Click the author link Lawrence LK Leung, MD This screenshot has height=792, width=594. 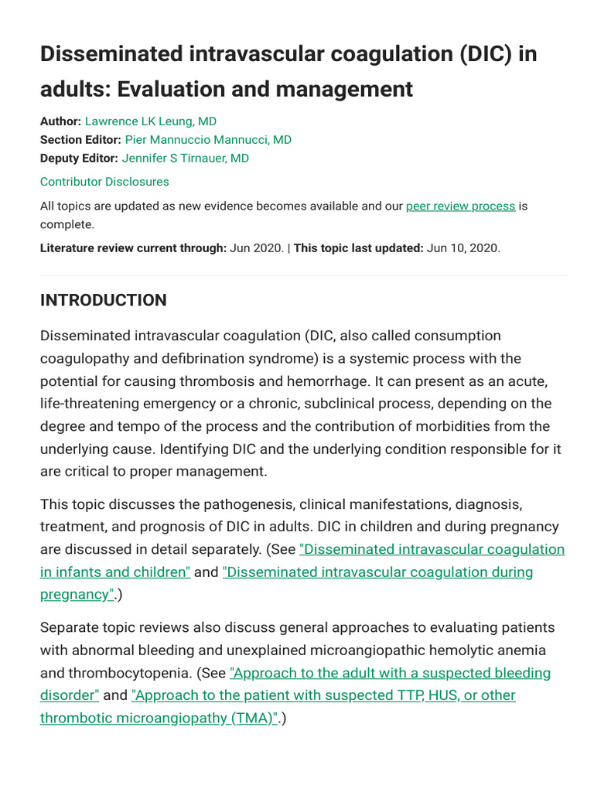pos(150,121)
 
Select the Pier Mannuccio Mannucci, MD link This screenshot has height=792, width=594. pos(208,140)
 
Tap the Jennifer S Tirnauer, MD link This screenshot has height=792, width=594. pos(186,159)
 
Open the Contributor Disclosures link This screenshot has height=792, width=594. pos(104,182)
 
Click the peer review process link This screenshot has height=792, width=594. pos(460,207)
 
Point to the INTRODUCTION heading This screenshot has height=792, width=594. pos(104,300)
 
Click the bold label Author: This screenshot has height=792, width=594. pos(60,121)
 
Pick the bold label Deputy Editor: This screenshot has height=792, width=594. pos(79,159)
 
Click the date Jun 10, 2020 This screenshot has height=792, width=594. pos(463,248)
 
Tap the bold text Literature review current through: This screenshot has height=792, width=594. pos(133,248)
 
